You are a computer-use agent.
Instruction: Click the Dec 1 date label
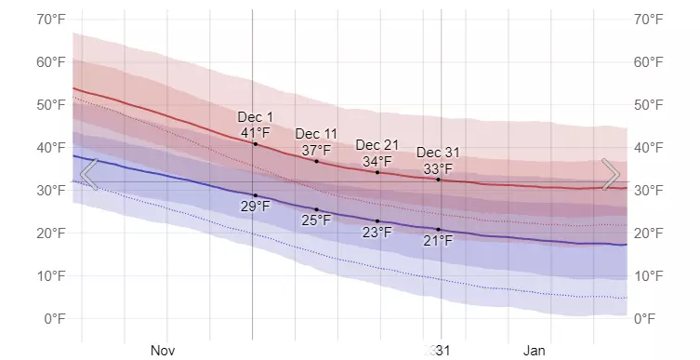tap(256, 117)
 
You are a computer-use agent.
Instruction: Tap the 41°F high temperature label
tap(256, 133)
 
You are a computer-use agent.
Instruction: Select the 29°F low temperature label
tap(256, 207)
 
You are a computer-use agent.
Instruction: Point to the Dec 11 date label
tap(316, 135)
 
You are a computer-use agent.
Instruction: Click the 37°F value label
tap(316, 151)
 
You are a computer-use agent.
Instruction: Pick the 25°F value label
tap(316, 220)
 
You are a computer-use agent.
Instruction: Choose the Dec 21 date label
tap(377, 145)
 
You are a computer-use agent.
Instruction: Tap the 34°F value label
tap(377, 161)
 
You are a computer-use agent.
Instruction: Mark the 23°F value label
tap(377, 233)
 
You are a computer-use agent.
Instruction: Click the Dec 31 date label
tap(438, 153)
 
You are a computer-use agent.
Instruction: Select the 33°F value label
tap(438, 168)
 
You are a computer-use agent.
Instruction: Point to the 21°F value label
tap(438, 241)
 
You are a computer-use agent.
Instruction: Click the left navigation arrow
tap(88, 174)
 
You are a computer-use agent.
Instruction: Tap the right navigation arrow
tap(611, 174)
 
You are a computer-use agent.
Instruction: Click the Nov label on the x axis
tap(163, 351)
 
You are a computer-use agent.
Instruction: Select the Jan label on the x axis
tap(535, 351)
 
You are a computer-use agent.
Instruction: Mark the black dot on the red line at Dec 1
tap(256, 144)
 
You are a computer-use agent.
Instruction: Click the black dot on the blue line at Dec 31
tap(439, 230)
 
